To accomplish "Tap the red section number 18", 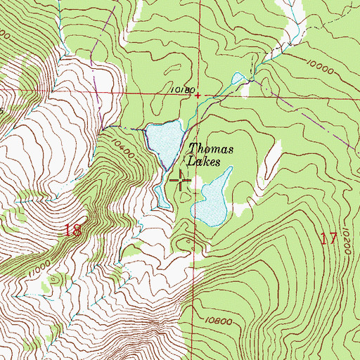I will [x=73, y=230].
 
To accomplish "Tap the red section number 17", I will [x=328, y=238].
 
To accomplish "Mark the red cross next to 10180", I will [x=198, y=95].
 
